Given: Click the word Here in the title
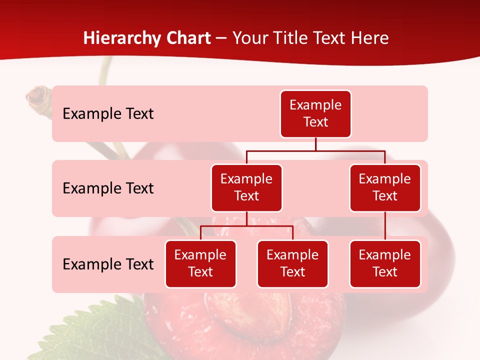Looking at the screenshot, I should coord(368,38).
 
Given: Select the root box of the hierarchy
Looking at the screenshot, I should coord(315,113).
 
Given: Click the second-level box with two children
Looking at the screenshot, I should coord(246,187).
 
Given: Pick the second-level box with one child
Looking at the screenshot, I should coord(385,187).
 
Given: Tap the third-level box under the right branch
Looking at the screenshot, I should coord(385,263).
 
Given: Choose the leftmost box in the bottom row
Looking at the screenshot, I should coord(200,263).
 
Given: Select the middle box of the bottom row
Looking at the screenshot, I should coord(292,263).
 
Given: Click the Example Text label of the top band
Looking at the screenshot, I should coord(108,114).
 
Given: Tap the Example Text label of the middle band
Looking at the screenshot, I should coord(108,188).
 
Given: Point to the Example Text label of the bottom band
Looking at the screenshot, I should coord(108,264).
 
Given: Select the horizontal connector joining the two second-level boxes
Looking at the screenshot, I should coord(315,150).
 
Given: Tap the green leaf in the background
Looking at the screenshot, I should coord(90,330).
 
